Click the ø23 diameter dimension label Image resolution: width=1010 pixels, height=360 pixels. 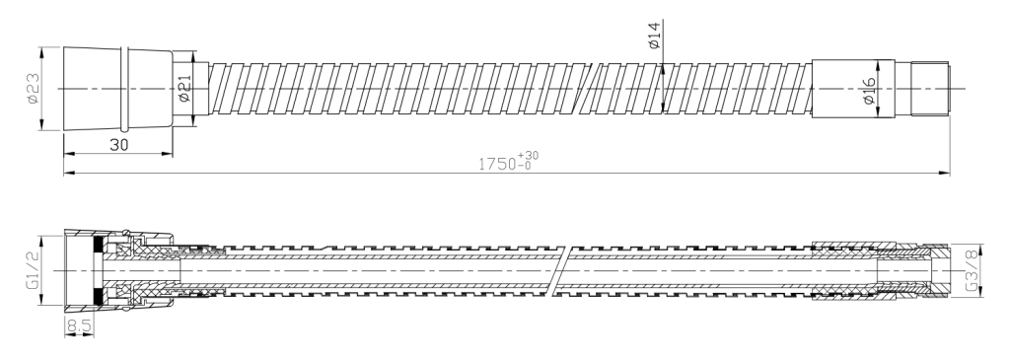34,88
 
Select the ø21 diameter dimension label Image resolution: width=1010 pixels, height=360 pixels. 183,88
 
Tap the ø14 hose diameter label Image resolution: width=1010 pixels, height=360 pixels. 653,36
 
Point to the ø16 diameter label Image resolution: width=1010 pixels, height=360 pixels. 869,91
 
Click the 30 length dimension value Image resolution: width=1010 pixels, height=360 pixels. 119,144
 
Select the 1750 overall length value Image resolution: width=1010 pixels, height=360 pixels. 497,164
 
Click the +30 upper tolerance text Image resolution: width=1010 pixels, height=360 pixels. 529,155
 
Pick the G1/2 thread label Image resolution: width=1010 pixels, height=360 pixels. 34,270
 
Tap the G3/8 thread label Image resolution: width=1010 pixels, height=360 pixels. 972,271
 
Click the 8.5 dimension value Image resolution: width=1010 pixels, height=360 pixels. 79,326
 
